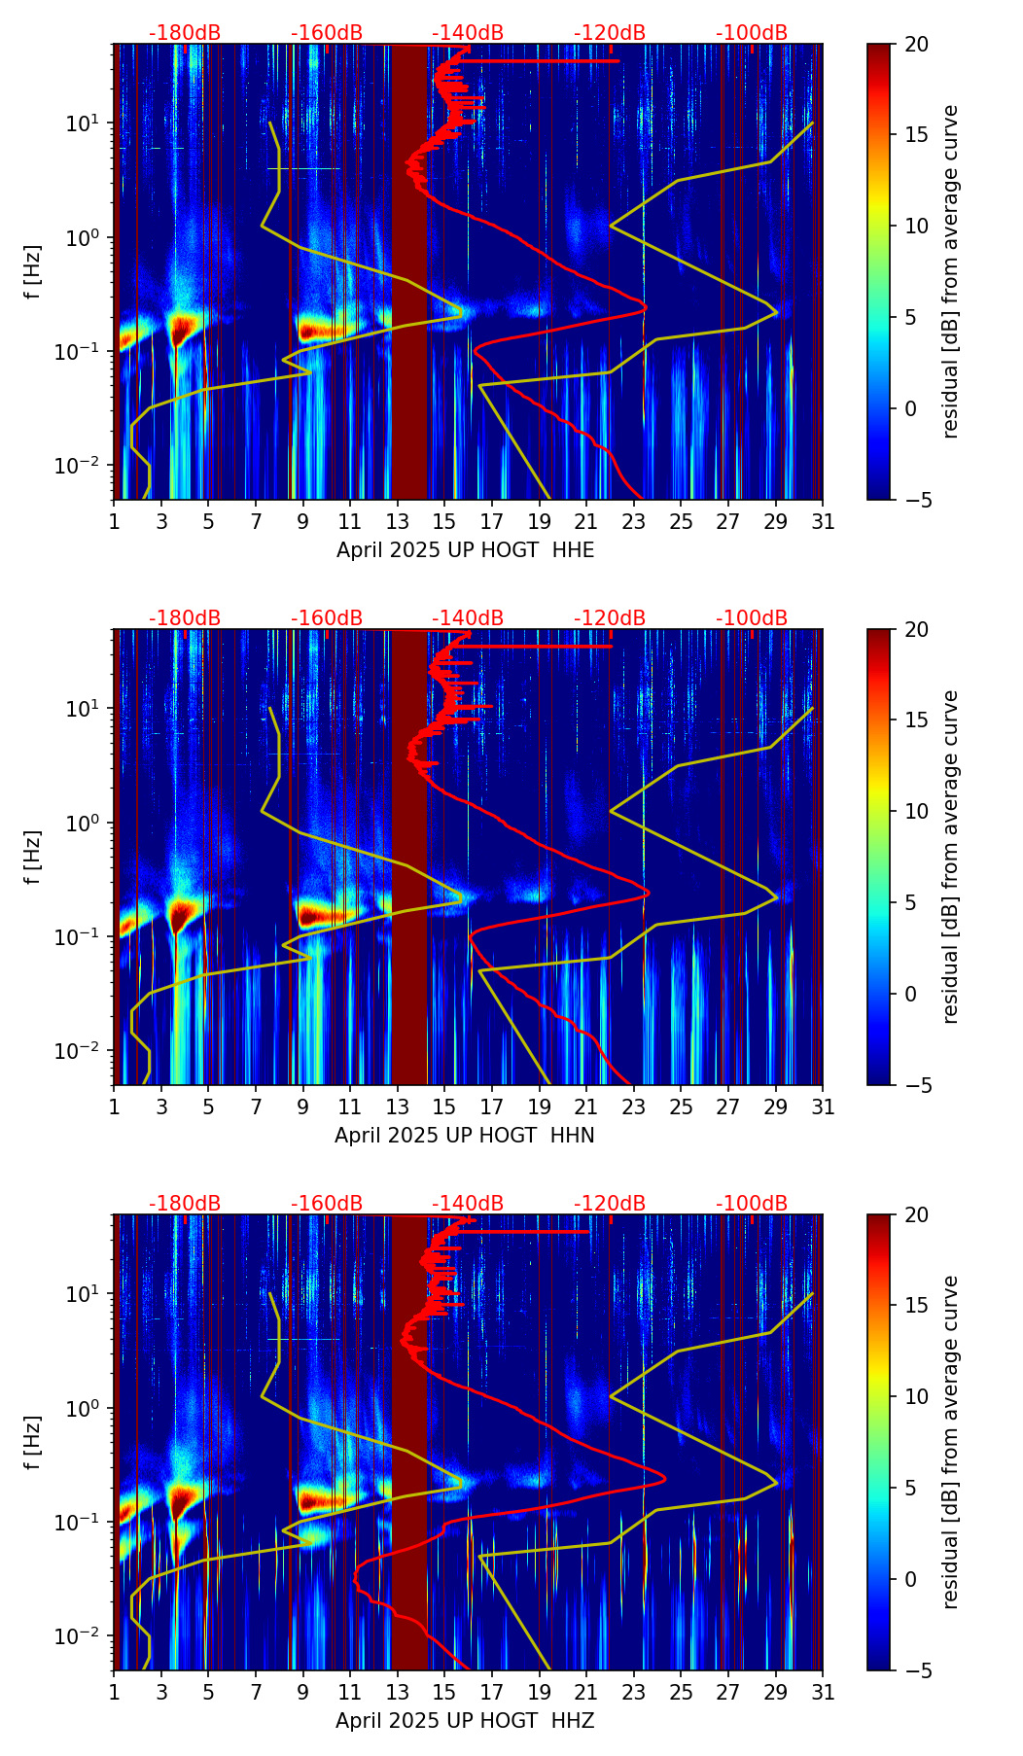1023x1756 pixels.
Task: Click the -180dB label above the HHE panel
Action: [185, 33]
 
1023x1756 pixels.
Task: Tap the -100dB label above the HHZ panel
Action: [752, 1204]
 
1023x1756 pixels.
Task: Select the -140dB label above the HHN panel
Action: [468, 618]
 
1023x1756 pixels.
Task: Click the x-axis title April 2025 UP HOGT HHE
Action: [465, 550]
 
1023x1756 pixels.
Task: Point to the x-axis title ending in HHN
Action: [465, 1136]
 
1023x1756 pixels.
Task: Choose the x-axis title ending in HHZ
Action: [465, 1721]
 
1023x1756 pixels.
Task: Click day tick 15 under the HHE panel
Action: [444, 521]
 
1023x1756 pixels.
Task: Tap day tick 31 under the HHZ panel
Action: [823, 1692]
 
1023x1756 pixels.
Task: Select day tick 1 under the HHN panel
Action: [115, 1106]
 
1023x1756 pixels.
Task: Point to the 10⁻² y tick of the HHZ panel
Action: [89, 1636]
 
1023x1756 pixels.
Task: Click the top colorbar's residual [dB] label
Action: [951, 271]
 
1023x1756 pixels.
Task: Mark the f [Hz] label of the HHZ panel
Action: [34, 1442]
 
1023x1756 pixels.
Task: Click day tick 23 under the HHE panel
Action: [634, 521]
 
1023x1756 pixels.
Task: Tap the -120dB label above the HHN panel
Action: [610, 618]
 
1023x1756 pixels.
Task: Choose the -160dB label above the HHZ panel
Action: [327, 1204]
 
